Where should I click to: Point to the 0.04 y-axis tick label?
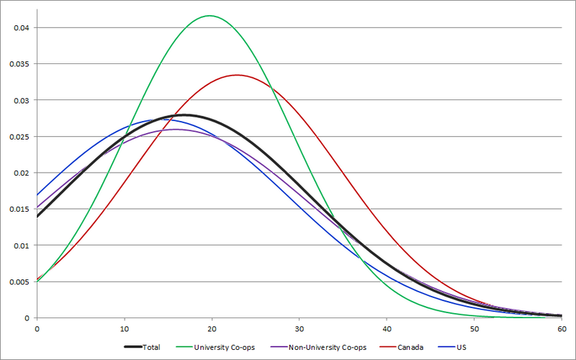20,28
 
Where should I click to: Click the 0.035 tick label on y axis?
18,64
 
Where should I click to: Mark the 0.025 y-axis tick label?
18,137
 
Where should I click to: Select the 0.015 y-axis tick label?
18,210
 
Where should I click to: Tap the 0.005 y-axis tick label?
18,282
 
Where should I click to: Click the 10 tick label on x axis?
125,328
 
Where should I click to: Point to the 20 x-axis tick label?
212,328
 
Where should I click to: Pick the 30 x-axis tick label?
300,328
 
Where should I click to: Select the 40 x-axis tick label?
387,328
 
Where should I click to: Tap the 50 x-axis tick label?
474,328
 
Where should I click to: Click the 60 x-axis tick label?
561,328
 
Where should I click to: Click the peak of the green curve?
210,16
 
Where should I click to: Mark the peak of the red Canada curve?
237,75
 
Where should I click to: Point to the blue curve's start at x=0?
37,194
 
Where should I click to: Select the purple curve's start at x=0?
37,207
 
